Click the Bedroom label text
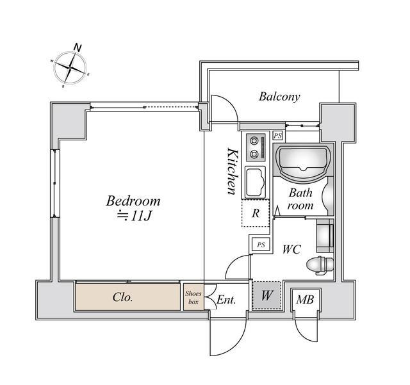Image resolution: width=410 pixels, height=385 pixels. [x=133, y=201]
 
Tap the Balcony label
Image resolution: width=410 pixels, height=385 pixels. [x=279, y=97]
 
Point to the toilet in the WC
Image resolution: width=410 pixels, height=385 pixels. [x=320, y=265]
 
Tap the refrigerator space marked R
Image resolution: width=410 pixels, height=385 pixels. [x=256, y=213]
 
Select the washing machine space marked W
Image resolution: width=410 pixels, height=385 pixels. [x=266, y=295]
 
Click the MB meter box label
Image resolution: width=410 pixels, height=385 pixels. [x=305, y=299]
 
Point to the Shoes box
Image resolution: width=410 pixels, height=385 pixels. [x=193, y=297]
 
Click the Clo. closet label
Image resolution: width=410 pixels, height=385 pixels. [x=123, y=297]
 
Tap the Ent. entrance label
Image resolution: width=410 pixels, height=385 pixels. [x=226, y=300]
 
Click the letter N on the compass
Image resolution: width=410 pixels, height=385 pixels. [x=78, y=47]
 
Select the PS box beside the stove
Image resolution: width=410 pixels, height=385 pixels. [x=277, y=136]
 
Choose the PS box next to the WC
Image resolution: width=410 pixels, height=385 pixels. [x=261, y=245]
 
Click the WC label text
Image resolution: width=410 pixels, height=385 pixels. [x=291, y=250]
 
